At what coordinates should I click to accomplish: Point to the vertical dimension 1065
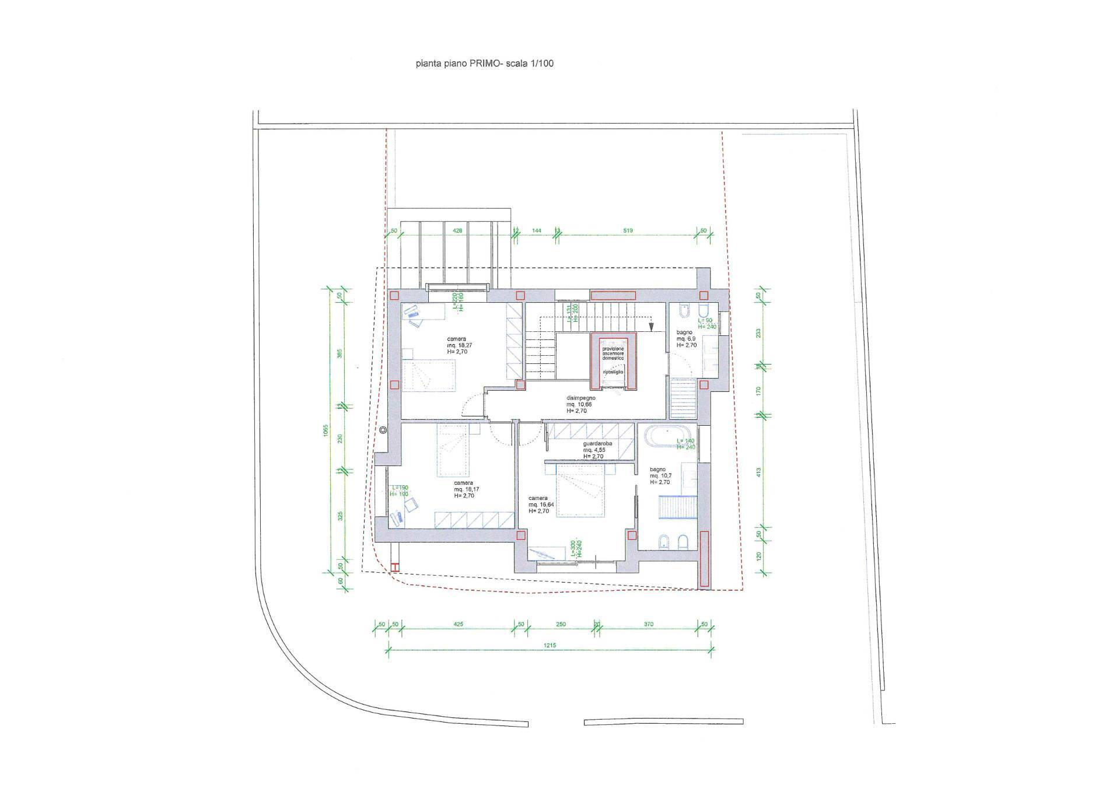click(327, 430)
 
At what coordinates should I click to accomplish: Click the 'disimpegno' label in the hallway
click(581, 398)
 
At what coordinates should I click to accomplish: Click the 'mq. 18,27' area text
click(457, 345)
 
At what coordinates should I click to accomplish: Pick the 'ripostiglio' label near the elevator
click(613, 372)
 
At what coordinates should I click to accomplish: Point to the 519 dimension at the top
click(628, 231)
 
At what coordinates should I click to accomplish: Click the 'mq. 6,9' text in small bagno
click(686, 338)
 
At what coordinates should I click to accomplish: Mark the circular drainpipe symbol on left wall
click(383, 430)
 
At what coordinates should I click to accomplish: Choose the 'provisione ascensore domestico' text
click(613, 353)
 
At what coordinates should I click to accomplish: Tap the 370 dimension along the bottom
click(648, 624)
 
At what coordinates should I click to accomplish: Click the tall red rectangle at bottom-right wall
click(704, 558)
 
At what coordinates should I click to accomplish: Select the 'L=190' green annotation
click(400, 488)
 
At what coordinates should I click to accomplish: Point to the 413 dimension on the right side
click(759, 472)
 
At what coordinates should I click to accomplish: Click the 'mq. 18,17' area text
click(467, 489)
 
